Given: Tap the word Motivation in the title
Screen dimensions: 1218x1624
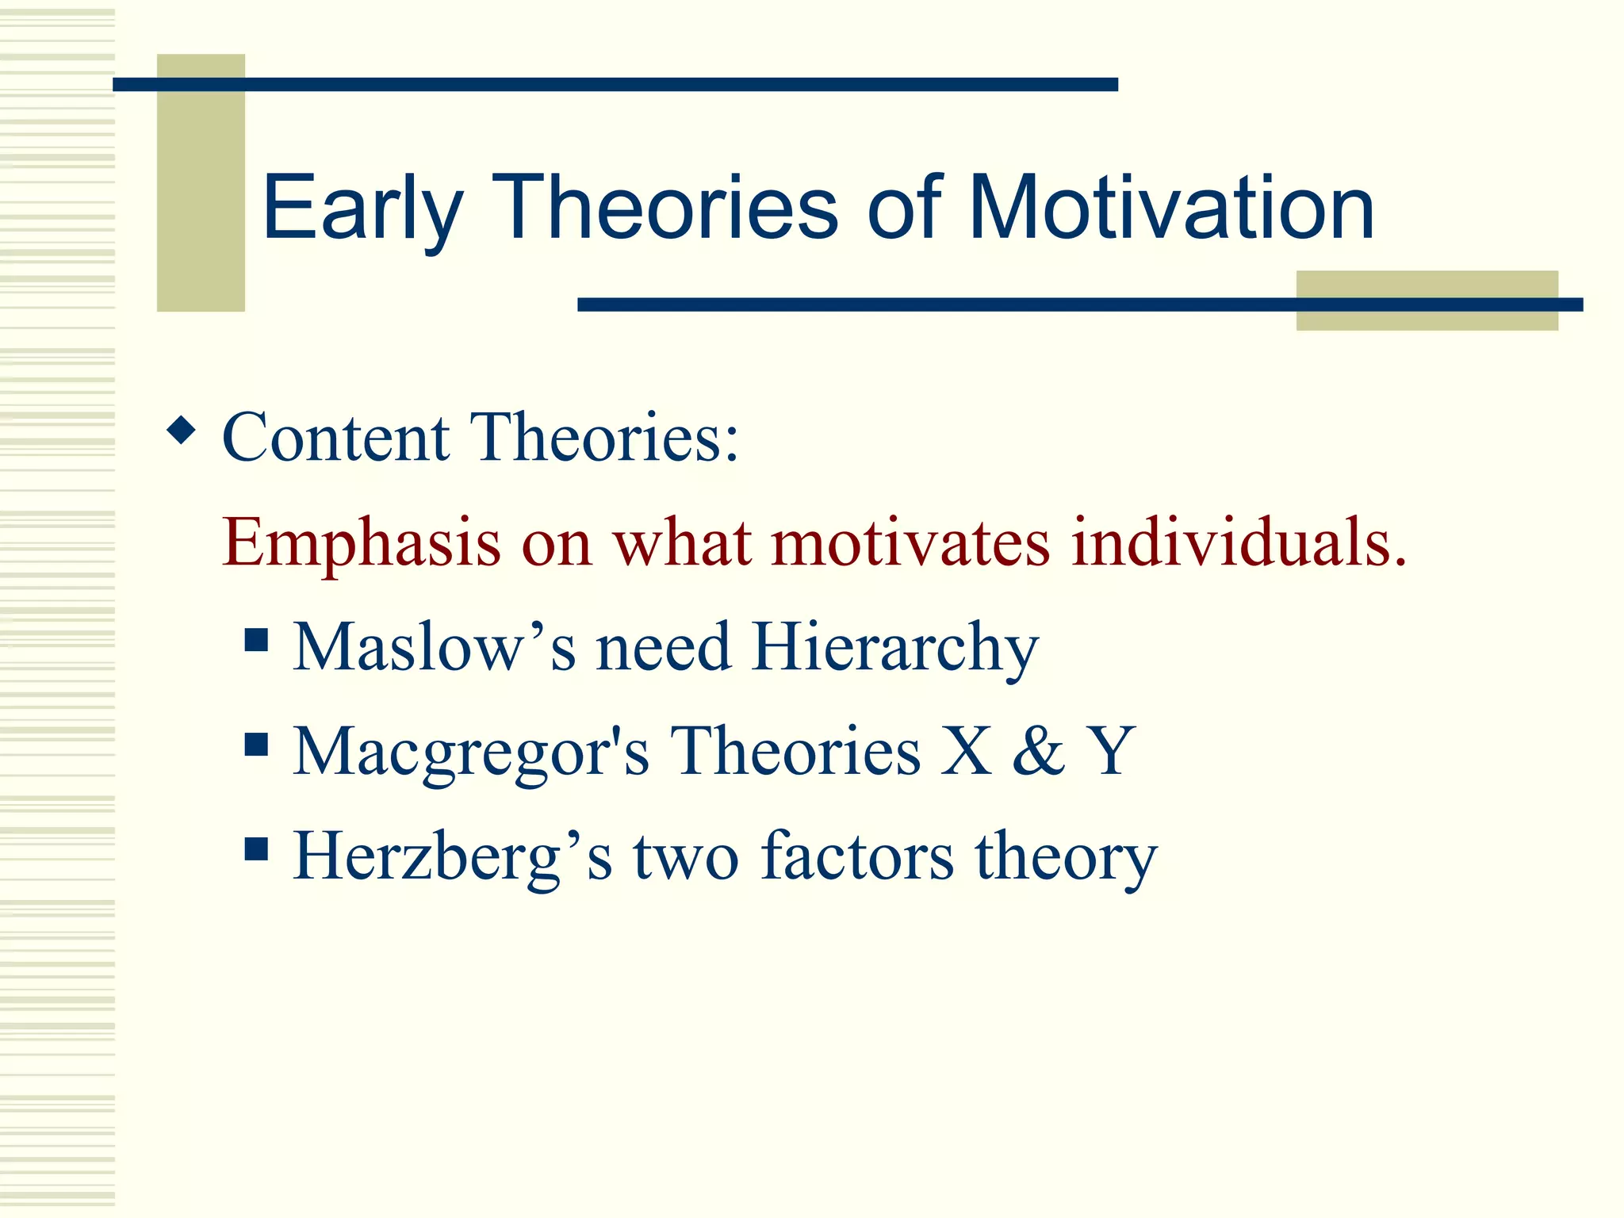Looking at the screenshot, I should (x=1172, y=208).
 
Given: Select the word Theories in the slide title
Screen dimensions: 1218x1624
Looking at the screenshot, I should (x=665, y=208).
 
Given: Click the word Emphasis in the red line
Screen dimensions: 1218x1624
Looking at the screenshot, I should (x=362, y=544).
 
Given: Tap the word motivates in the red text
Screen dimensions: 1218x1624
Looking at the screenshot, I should (x=910, y=542).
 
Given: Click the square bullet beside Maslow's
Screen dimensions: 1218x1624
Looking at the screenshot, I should (x=256, y=639).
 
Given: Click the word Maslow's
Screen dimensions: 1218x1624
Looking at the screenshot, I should (x=434, y=647).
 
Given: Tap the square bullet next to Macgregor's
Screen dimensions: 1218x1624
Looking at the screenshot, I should (x=256, y=744).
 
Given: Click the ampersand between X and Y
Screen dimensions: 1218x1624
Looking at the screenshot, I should (x=1039, y=751).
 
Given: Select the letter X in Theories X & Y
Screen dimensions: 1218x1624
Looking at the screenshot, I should (x=966, y=751).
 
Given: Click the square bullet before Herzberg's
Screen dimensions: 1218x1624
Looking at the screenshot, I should (x=256, y=849).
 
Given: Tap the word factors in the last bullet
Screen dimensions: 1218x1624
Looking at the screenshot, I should (x=857, y=856).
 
